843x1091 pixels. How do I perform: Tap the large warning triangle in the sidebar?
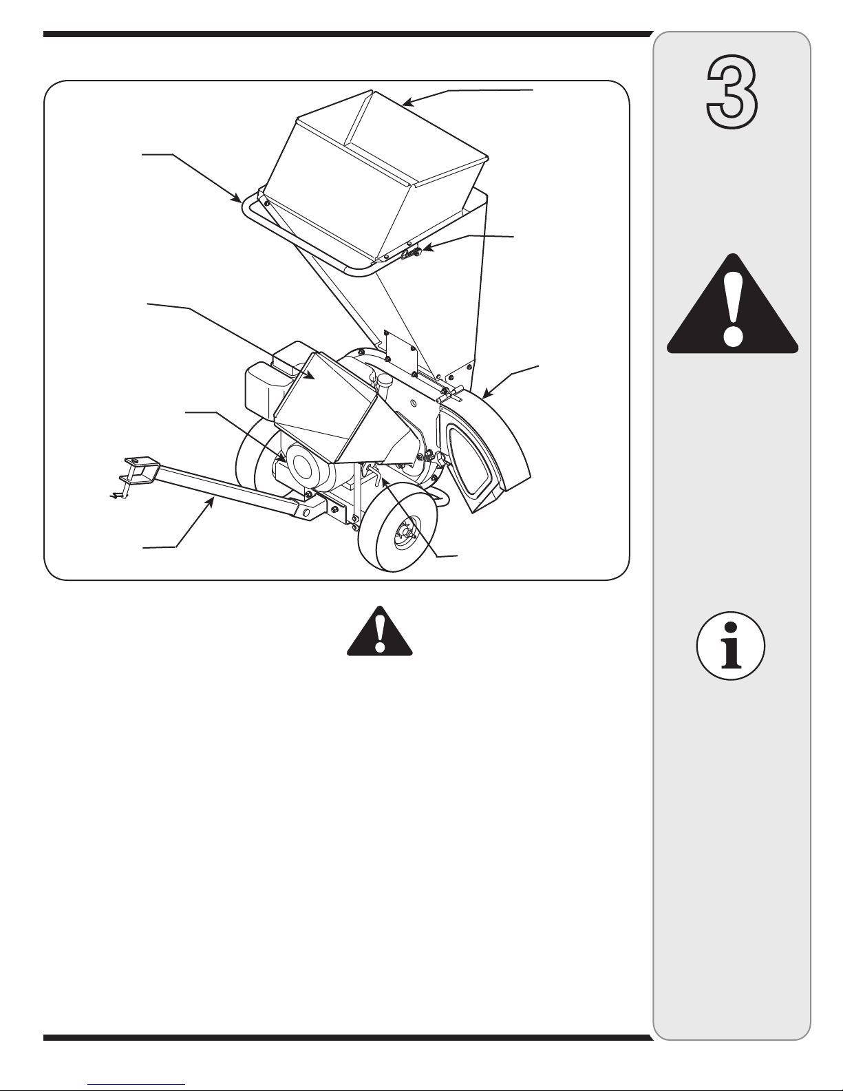click(x=732, y=304)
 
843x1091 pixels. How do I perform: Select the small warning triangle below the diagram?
click(x=380, y=631)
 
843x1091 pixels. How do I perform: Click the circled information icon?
click(x=731, y=646)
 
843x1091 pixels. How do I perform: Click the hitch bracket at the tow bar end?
click(x=139, y=469)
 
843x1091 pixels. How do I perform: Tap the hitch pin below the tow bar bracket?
click(x=118, y=495)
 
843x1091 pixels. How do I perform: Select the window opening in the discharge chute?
click(x=469, y=459)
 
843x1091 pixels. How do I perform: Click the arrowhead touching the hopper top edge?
click(x=408, y=103)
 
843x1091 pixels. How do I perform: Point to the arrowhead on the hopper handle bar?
click(x=237, y=198)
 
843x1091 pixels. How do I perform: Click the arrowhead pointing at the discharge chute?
click(x=487, y=394)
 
